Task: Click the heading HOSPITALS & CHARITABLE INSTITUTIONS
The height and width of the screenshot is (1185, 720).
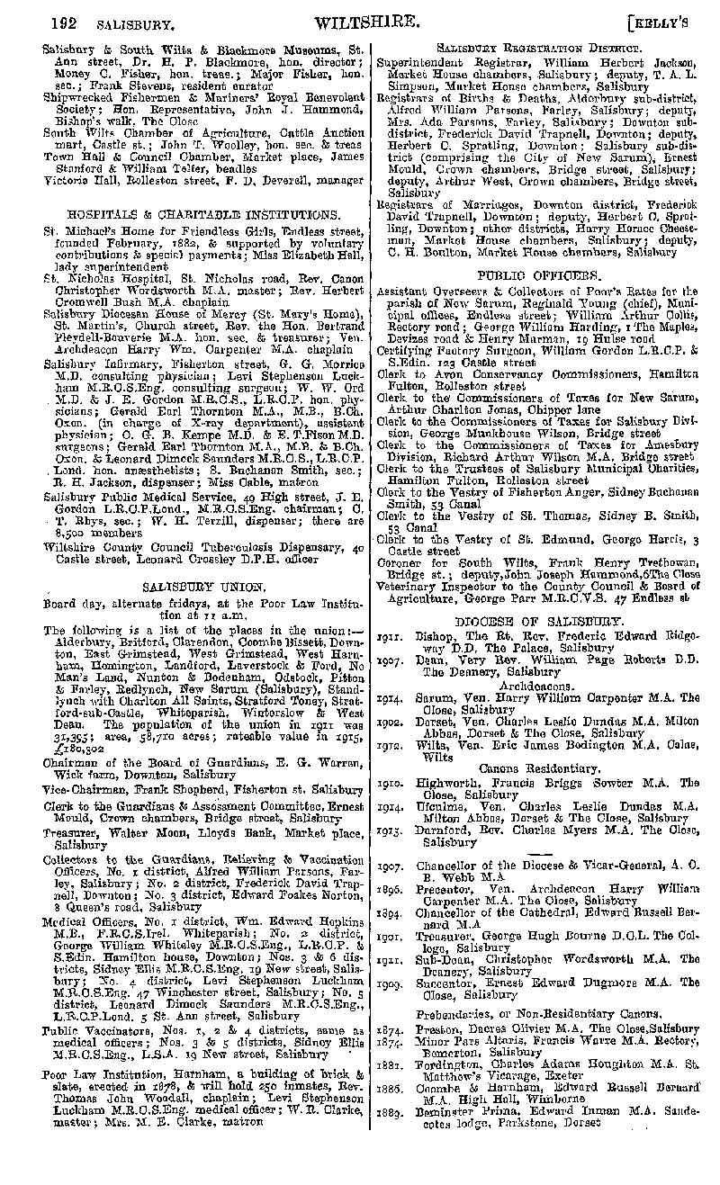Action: (202, 215)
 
